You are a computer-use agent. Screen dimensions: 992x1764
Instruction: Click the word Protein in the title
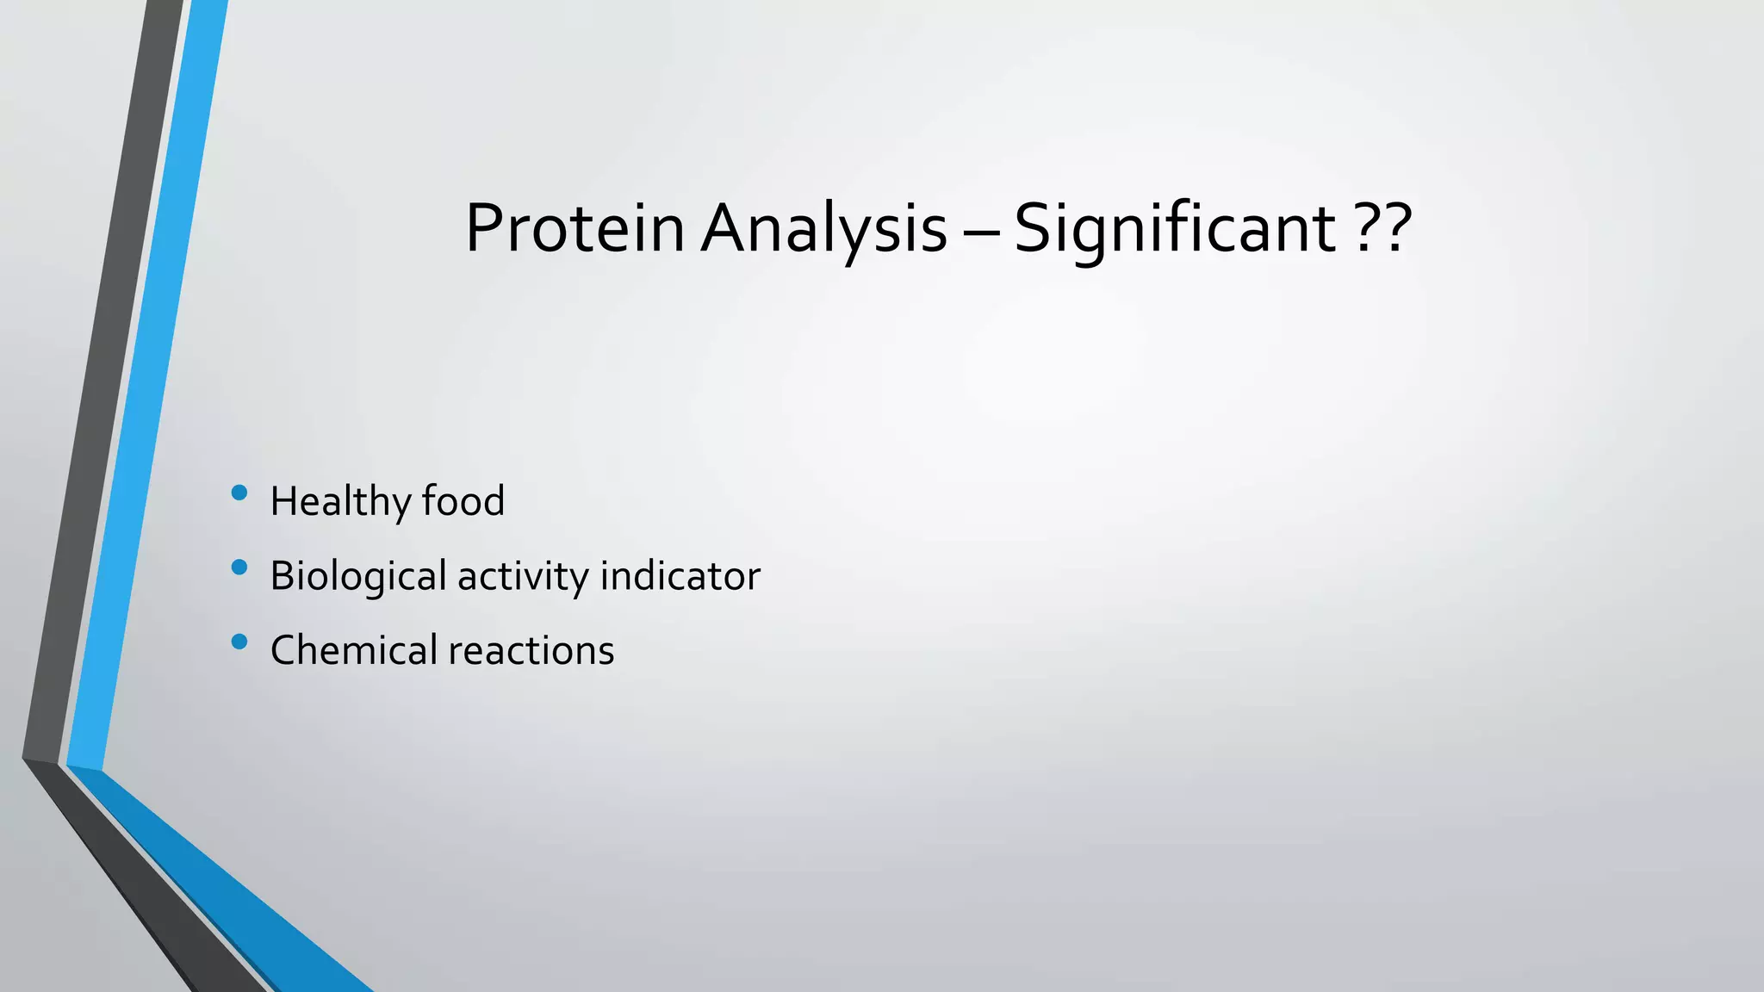575,228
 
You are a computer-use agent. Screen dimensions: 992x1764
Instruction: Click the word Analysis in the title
823,228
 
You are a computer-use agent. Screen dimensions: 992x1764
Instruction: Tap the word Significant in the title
1175,228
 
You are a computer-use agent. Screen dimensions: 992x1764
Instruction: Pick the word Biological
357,576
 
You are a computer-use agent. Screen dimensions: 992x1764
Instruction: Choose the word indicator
680,576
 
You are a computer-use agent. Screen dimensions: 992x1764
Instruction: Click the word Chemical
354,650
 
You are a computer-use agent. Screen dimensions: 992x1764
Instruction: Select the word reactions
531,650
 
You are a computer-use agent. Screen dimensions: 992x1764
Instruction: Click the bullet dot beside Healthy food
239,493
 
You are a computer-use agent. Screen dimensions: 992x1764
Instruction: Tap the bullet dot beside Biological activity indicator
239,567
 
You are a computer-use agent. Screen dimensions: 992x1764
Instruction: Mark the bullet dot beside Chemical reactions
239,642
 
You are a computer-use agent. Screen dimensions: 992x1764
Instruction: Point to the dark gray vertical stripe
99,387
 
